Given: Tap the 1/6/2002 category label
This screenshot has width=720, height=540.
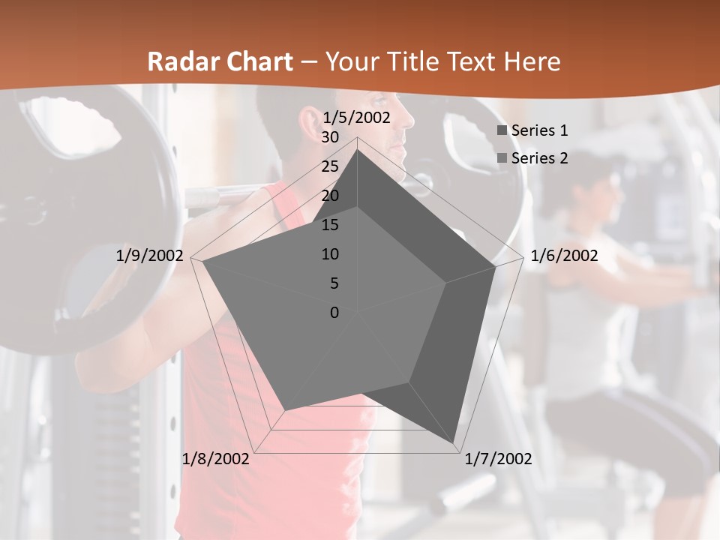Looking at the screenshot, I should (x=564, y=256).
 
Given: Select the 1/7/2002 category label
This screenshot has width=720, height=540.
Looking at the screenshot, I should (x=498, y=459).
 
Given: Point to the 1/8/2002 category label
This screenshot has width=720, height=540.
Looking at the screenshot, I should (x=216, y=459).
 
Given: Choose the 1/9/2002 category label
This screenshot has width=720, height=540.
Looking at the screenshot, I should (x=150, y=256).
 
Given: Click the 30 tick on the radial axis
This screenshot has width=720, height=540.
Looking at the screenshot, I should (x=330, y=137).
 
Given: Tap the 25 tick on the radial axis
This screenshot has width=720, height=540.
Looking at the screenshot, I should (x=330, y=166).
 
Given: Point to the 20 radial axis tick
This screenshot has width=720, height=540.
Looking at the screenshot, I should (x=330, y=196).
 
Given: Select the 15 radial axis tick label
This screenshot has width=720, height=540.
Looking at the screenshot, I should (x=330, y=225).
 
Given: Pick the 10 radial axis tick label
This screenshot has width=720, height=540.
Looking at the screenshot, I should (x=330, y=254).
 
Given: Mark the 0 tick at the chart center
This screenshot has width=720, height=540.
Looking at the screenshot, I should (x=334, y=313).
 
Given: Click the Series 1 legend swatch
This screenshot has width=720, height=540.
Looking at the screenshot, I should (x=502, y=130).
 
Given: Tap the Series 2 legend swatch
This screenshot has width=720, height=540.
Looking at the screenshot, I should (x=502, y=158).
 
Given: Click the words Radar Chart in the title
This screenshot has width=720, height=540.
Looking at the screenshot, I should (x=220, y=61).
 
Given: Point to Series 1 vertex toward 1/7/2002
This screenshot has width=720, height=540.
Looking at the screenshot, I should (x=452, y=442).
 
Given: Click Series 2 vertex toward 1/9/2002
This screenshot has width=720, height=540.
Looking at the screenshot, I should (x=202, y=262).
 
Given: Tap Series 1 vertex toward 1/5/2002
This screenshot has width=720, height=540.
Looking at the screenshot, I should (x=357, y=149).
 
